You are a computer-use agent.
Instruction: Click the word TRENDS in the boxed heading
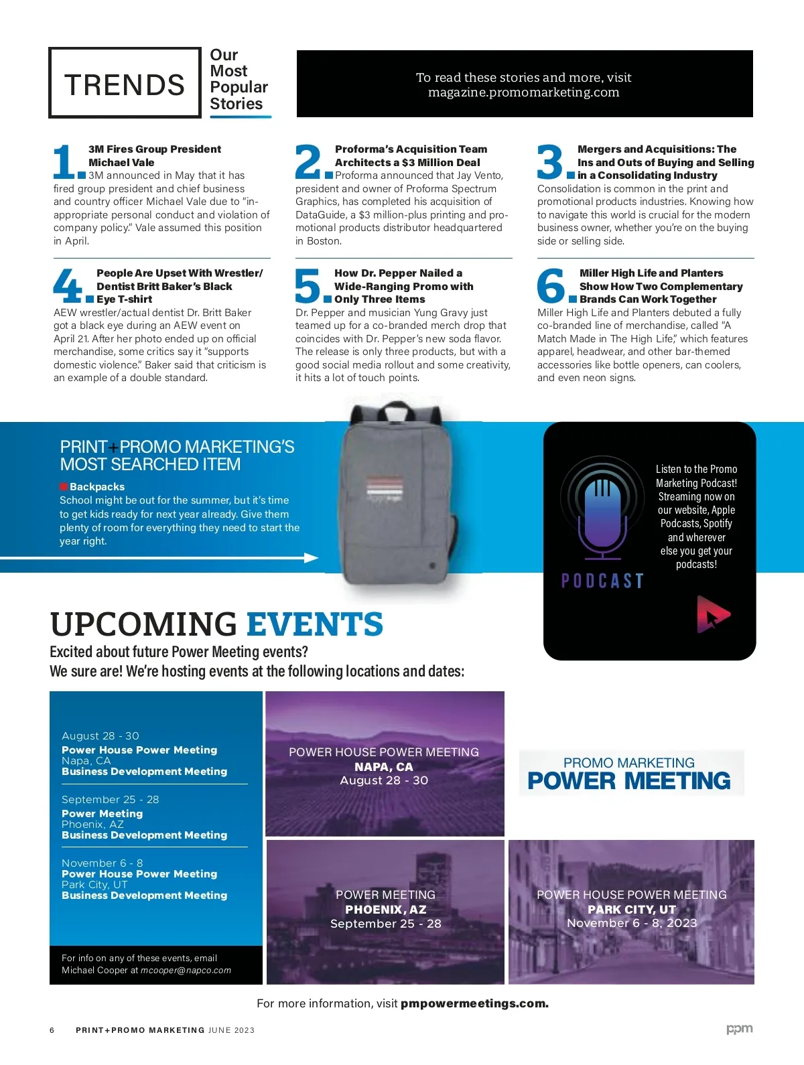pyautogui.click(x=125, y=85)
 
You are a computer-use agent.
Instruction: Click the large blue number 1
pyautogui.click(x=65, y=162)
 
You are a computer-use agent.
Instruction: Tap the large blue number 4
pyautogui.click(x=67, y=285)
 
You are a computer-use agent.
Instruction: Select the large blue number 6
pyautogui.click(x=551, y=285)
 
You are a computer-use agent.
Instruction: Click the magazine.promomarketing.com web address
pyautogui.click(x=523, y=92)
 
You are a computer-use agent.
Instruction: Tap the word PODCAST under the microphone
pyautogui.click(x=602, y=581)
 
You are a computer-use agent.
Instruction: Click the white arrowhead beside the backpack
pyautogui.click(x=311, y=558)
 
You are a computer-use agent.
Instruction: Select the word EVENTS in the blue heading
pyautogui.click(x=315, y=624)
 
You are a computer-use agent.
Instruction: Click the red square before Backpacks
pyautogui.click(x=64, y=487)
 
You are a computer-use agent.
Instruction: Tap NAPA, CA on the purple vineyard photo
pyautogui.click(x=384, y=767)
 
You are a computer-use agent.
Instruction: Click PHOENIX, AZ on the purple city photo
pyautogui.click(x=385, y=910)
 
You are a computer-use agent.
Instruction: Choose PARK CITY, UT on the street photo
pyautogui.click(x=631, y=910)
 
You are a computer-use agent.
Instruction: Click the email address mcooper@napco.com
pyautogui.click(x=186, y=970)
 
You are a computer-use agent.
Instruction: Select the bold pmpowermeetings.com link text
pyautogui.click(x=474, y=1003)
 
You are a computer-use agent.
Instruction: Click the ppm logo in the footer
pyautogui.click(x=740, y=1029)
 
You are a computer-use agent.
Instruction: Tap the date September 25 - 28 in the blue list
pyautogui.click(x=110, y=800)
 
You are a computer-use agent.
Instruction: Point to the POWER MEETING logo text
pyautogui.click(x=628, y=781)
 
